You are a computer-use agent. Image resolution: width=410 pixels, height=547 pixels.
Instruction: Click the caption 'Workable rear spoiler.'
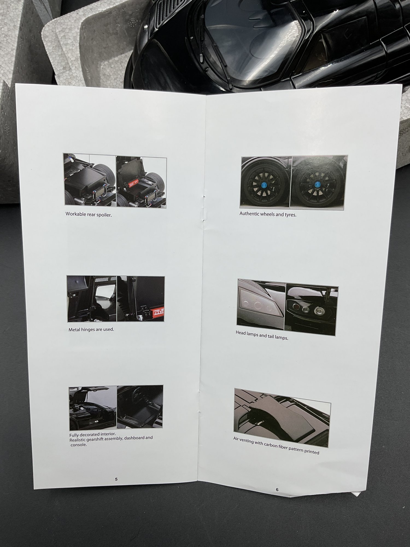[x=89, y=214]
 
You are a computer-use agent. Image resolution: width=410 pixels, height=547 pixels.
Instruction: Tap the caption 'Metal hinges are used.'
[x=91, y=329]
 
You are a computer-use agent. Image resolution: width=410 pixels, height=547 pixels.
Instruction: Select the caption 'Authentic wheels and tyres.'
[x=268, y=214]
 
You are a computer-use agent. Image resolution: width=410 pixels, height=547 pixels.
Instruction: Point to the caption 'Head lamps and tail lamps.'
[x=262, y=335]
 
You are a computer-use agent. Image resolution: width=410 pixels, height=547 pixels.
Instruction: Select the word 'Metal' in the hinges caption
[x=74, y=330]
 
